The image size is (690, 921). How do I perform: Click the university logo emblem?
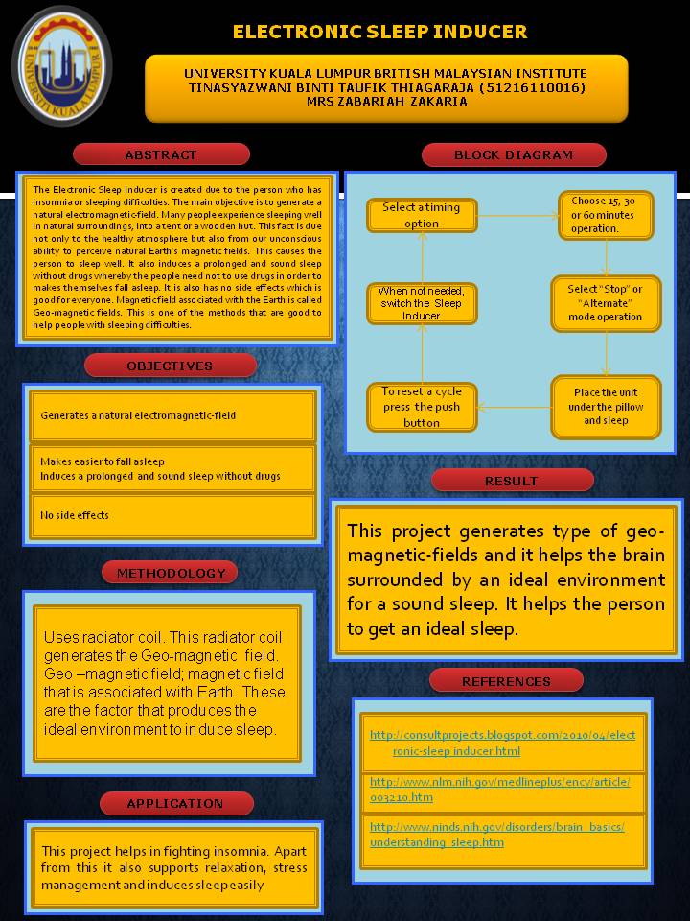[x=61, y=64]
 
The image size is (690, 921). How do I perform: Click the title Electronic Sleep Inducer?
[x=379, y=32]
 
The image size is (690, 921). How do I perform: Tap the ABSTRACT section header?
[x=161, y=154]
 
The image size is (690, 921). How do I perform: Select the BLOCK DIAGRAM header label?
[x=514, y=154]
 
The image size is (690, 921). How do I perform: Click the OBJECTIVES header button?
[x=170, y=366]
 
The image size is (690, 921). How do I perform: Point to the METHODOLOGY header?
[x=172, y=573]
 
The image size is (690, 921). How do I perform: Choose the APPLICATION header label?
[x=175, y=803]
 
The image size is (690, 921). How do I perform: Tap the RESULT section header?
[x=511, y=481]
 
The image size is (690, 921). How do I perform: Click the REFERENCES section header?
[x=506, y=681]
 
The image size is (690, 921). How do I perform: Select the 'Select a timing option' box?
[x=422, y=215]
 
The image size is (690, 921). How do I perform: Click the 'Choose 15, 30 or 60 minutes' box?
[x=605, y=215]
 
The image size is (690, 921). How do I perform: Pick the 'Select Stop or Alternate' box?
[x=605, y=303]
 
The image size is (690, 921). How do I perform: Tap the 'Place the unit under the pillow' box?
[x=606, y=407]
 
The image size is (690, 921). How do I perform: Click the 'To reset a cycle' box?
[x=422, y=407]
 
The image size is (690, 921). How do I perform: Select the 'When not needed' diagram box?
[x=422, y=303]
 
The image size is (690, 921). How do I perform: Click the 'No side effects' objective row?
[x=172, y=515]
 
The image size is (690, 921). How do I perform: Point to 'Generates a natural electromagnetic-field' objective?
[x=172, y=415]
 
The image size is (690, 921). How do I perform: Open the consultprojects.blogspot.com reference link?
[x=502, y=743]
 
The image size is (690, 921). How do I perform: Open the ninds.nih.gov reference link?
[x=497, y=834]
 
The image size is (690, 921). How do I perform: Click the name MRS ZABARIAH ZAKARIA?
[x=385, y=102]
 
